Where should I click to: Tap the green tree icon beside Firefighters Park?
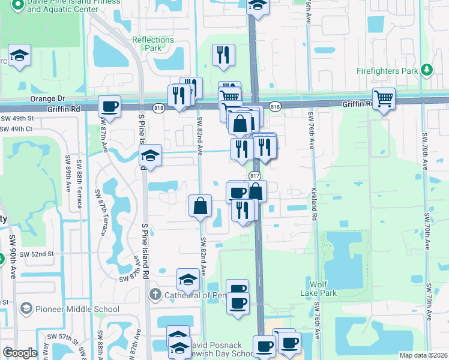tap(427, 70)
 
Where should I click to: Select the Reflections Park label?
tap(152, 44)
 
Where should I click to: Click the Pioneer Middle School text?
tap(77, 310)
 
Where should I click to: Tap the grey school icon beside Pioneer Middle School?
tap(26, 309)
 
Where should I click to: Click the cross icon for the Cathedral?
tap(155, 295)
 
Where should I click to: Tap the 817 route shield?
tap(255, 175)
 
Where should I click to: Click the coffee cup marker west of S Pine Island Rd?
tap(109, 107)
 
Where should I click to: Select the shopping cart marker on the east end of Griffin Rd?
tap(383, 98)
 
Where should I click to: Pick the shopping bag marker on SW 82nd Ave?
tap(200, 206)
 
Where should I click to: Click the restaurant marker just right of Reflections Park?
tap(223, 55)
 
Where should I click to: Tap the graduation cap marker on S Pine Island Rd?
tap(151, 156)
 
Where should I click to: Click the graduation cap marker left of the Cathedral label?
tap(188, 279)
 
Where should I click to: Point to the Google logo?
tap(20, 353)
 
